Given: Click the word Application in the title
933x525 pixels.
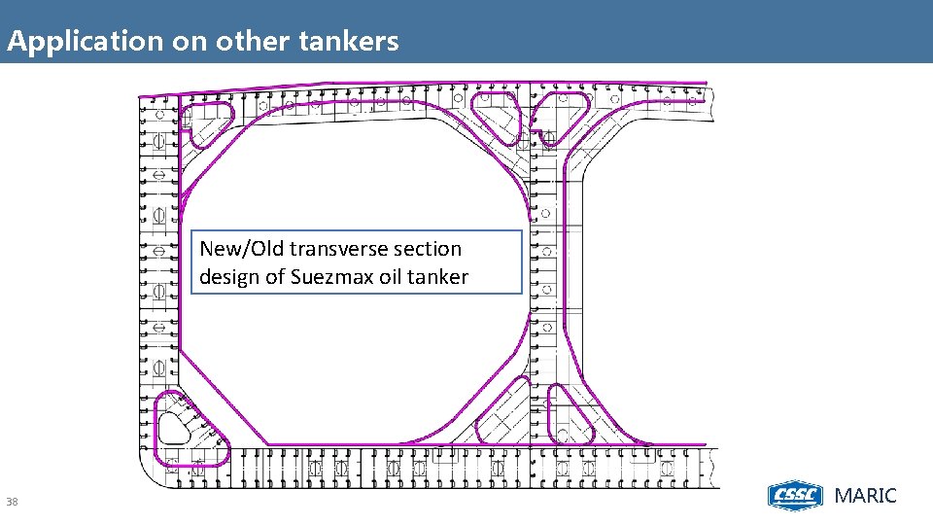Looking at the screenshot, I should pos(71,42).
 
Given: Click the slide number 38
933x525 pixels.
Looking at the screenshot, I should pos(12,502).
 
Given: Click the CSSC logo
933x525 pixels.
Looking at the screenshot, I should pos(796,496).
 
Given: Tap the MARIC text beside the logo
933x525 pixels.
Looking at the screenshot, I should pos(866,496).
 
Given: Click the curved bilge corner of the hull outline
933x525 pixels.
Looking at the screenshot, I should pos(153,473).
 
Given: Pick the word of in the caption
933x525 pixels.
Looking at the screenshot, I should pos(276,277).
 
